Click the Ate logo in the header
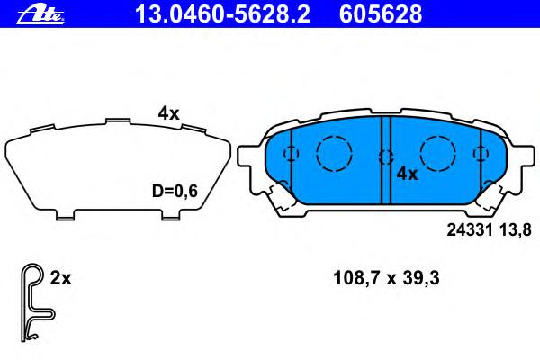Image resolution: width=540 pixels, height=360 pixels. (x=40, y=15)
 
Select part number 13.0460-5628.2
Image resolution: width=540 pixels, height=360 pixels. (x=223, y=14)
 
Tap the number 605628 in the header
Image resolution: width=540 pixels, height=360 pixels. (x=381, y=14)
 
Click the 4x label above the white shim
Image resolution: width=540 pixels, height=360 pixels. (x=169, y=113)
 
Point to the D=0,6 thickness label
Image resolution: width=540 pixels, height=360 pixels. (x=175, y=191)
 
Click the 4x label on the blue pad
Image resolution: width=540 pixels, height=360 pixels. (x=407, y=174)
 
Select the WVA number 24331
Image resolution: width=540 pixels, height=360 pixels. (x=470, y=229)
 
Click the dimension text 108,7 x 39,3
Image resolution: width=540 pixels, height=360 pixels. (x=386, y=278)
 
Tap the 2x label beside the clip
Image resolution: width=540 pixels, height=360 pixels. (x=60, y=278)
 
